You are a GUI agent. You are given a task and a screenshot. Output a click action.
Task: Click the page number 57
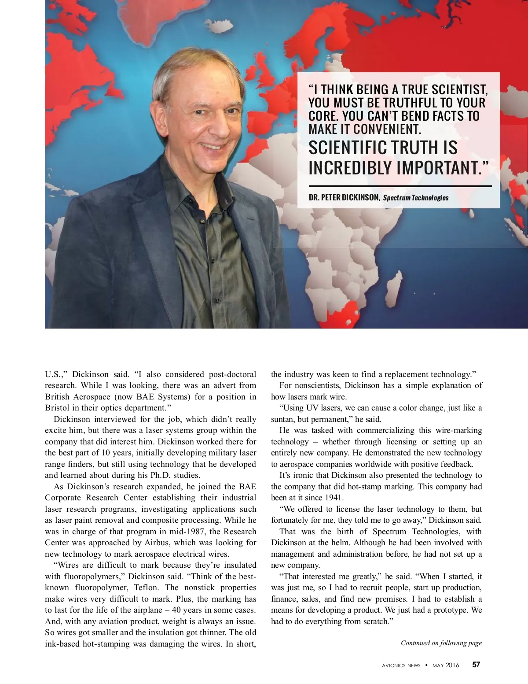[476, 665]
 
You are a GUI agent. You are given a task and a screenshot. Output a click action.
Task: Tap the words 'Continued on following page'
[441, 643]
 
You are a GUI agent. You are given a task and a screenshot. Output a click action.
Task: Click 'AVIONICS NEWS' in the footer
[401, 666]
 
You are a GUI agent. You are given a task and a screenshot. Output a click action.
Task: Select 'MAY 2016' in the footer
[446, 666]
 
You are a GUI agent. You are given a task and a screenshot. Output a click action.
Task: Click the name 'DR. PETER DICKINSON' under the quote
[344, 198]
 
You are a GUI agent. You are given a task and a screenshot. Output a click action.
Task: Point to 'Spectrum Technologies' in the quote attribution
[416, 198]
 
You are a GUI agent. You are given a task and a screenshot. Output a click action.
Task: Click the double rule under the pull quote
[400, 186]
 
